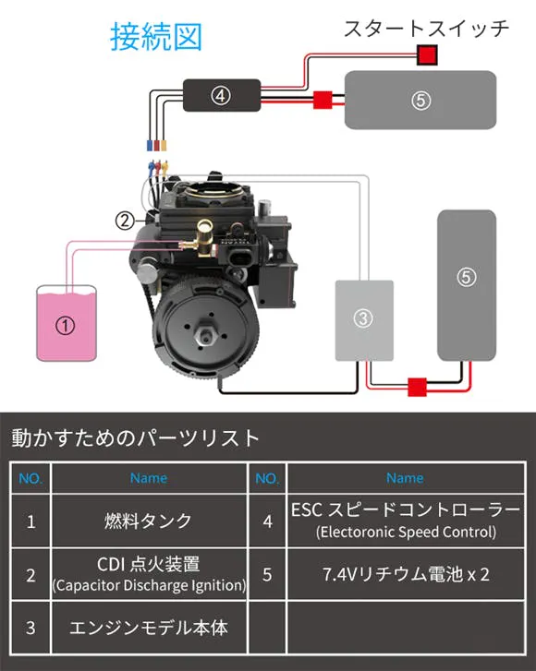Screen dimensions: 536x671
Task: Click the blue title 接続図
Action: click(x=156, y=37)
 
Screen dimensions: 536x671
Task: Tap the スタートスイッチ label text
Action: click(x=426, y=30)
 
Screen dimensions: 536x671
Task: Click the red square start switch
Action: click(x=427, y=55)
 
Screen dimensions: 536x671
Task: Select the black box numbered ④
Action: click(x=222, y=95)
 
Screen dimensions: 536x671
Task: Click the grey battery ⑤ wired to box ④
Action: click(x=420, y=100)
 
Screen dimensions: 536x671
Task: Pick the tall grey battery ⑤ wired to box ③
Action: click(x=467, y=285)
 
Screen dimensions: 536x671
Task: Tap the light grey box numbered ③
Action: click(x=364, y=320)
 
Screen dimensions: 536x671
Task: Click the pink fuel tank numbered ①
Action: click(x=67, y=324)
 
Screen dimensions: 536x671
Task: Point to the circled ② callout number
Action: click(x=125, y=221)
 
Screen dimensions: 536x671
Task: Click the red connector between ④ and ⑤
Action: click(x=323, y=100)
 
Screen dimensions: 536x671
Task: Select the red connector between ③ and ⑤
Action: click(x=417, y=388)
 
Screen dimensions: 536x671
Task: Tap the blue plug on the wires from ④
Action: click(x=150, y=146)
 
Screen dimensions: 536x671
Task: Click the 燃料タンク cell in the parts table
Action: click(x=149, y=521)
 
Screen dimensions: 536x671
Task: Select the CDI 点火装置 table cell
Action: click(x=149, y=574)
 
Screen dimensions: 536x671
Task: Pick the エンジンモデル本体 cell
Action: click(x=149, y=628)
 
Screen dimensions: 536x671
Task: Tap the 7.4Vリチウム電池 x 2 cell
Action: click(x=406, y=574)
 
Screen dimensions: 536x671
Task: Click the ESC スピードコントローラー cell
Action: click(x=406, y=521)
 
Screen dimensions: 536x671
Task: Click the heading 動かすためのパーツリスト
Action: click(x=136, y=437)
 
